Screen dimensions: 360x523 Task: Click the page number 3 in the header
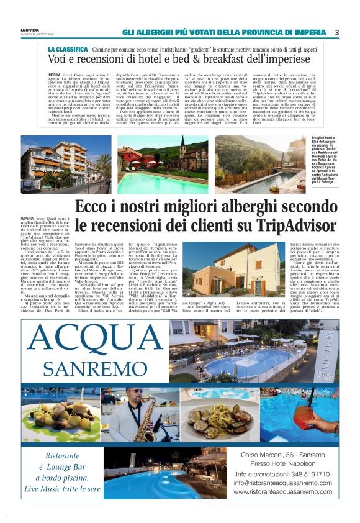[x=336, y=32]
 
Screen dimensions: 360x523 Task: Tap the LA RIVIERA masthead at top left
[x=30, y=29]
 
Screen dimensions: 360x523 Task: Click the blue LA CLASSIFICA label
[x=68, y=48]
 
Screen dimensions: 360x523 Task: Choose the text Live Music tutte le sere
[x=62, y=489]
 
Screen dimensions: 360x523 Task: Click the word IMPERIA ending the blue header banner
[x=310, y=32]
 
